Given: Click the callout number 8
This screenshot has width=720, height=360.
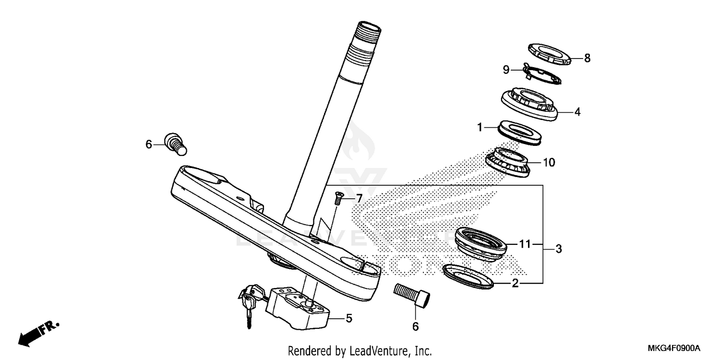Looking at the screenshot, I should [x=587, y=59].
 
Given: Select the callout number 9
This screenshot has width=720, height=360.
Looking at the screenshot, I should [x=505, y=70].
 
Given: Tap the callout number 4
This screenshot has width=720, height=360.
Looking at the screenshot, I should [x=577, y=112].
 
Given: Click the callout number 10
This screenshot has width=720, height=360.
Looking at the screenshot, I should [x=549, y=163].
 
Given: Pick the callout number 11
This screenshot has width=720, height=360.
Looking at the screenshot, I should [x=525, y=244].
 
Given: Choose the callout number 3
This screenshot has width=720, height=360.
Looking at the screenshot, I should [x=558, y=249].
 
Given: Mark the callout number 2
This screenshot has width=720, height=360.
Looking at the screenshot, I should [x=515, y=284].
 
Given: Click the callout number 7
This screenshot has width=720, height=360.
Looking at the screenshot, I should [x=359, y=198].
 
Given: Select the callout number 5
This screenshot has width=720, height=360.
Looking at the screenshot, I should [x=349, y=318].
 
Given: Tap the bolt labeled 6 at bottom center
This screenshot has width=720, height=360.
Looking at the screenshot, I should [x=411, y=293].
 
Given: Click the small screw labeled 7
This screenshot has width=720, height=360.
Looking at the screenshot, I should [x=338, y=197].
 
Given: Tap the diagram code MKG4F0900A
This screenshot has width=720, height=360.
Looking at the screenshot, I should [x=673, y=348].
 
